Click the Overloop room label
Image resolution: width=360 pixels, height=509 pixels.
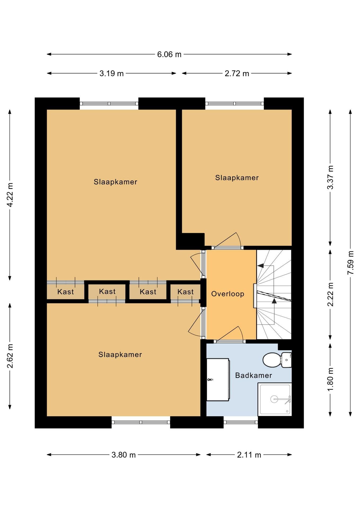[228, 294]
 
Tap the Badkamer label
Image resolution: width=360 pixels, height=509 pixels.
[253, 375]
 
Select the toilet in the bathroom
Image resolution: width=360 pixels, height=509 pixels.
[277, 360]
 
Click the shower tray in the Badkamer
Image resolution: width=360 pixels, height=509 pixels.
[275, 399]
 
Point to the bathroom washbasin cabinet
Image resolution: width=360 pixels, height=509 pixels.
[218, 380]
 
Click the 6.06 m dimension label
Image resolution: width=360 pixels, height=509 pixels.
[169, 54]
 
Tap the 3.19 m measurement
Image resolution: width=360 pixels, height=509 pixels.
[112, 73]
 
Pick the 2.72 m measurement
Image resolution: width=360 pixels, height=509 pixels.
[237, 73]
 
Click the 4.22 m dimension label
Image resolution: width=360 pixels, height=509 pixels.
[10, 195]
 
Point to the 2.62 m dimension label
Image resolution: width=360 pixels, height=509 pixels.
[10, 356]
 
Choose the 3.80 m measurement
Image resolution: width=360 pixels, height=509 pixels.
[124, 455]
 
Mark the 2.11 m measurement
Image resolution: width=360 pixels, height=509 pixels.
[249, 455]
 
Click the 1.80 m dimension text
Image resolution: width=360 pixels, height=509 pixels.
[330, 379]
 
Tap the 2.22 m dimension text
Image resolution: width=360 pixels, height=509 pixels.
[330, 294]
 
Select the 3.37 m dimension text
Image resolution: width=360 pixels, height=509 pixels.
[330, 177]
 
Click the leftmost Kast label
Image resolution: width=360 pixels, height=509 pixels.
[65, 292]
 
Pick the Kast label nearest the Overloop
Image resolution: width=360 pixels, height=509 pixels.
[186, 292]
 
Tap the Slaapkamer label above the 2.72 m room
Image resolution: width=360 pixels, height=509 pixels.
[237, 178]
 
